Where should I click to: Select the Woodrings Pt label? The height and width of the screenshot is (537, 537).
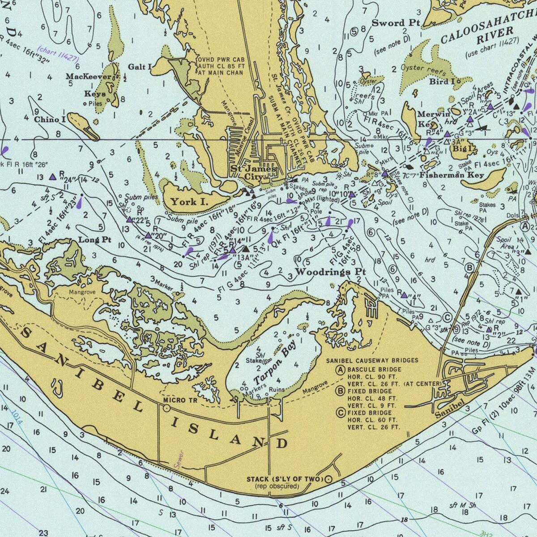coord(331,272)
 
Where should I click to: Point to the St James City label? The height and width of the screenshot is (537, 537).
coord(253,172)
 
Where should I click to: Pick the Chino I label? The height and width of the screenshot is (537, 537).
coord(50,119)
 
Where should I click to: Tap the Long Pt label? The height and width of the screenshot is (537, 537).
coord(94,239)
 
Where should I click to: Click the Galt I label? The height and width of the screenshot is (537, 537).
coord(140,67)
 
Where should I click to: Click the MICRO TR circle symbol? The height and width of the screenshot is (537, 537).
coord(166,408)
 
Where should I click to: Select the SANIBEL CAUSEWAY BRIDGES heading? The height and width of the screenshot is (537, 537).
coord(372,360)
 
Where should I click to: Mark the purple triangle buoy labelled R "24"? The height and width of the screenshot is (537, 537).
coord(52,177)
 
